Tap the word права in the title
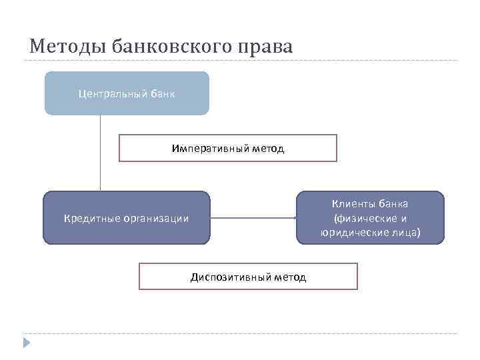click(x=266, y=47)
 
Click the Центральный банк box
click(x=127, y=93)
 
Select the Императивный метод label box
click(x=228, y=148)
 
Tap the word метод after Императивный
click(x=268, y=148)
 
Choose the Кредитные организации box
click(x=127, y=217)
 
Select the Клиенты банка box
click(x=371, y=217)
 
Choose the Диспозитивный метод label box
click(x=248, y=276)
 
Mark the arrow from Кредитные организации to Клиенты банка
click(x=253, y=217)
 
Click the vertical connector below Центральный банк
click(x=101, y=153)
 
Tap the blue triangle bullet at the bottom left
click(x=27, y=343)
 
